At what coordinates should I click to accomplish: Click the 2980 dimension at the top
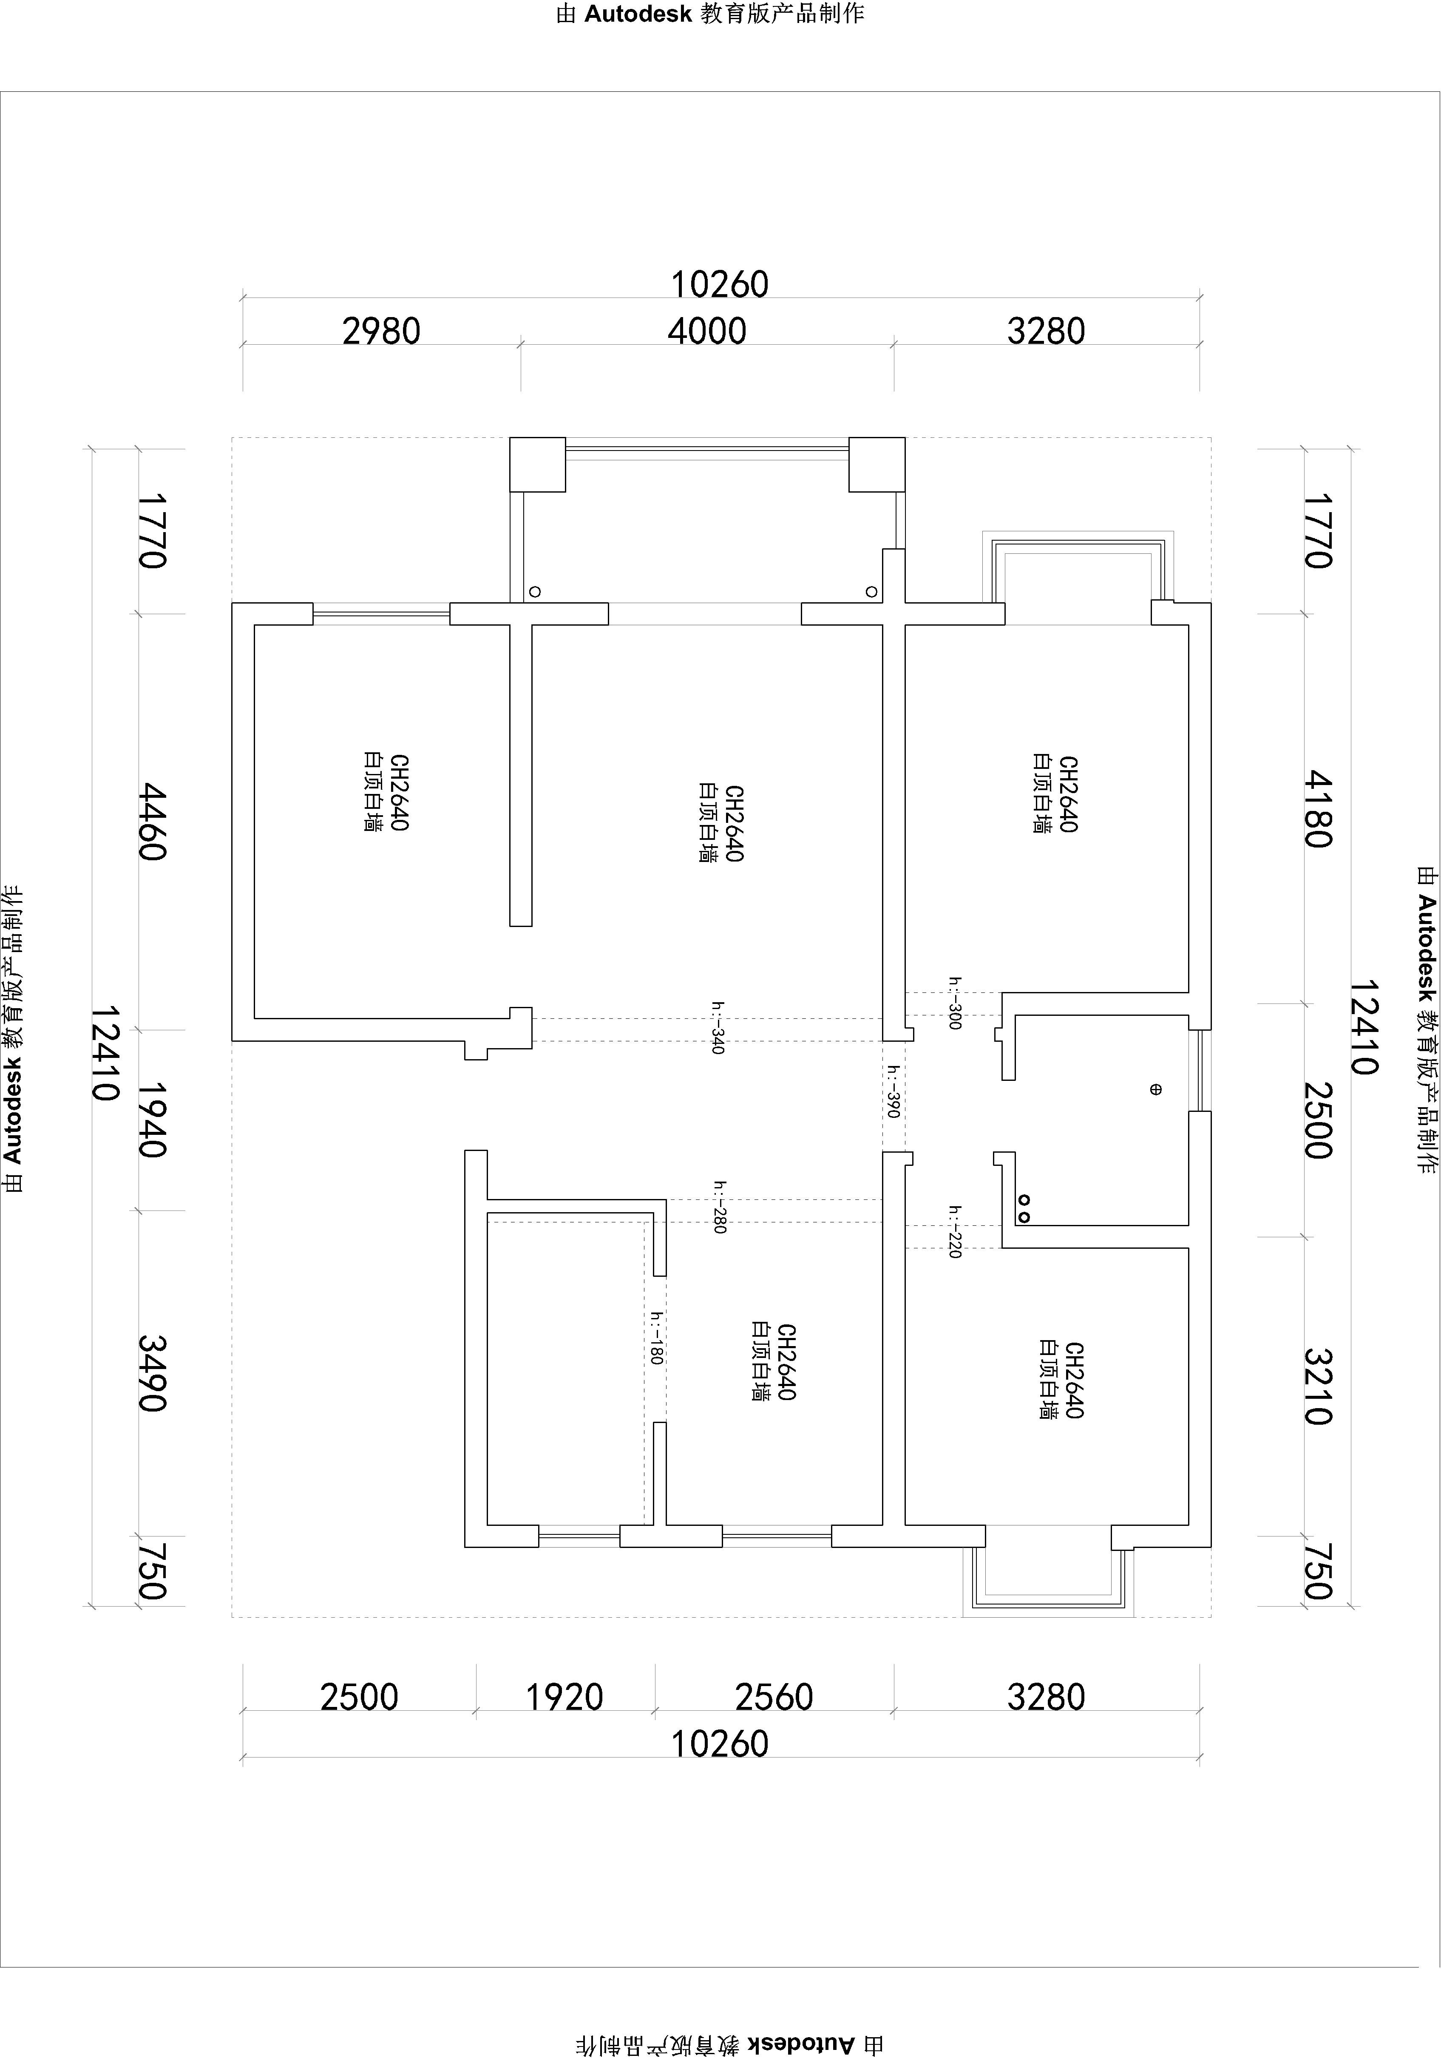click(x=381, y=332)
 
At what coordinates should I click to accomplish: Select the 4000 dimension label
click(x=706, y=332)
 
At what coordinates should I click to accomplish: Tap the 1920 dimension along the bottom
click(x=564, y=1697)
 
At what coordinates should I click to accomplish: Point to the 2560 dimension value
click(x=774, y=1697)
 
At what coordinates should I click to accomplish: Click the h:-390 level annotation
click(x=893, y=1091)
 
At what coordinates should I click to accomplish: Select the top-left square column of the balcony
click(x=537, y=464)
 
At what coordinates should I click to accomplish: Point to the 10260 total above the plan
click(x=720, y=285)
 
